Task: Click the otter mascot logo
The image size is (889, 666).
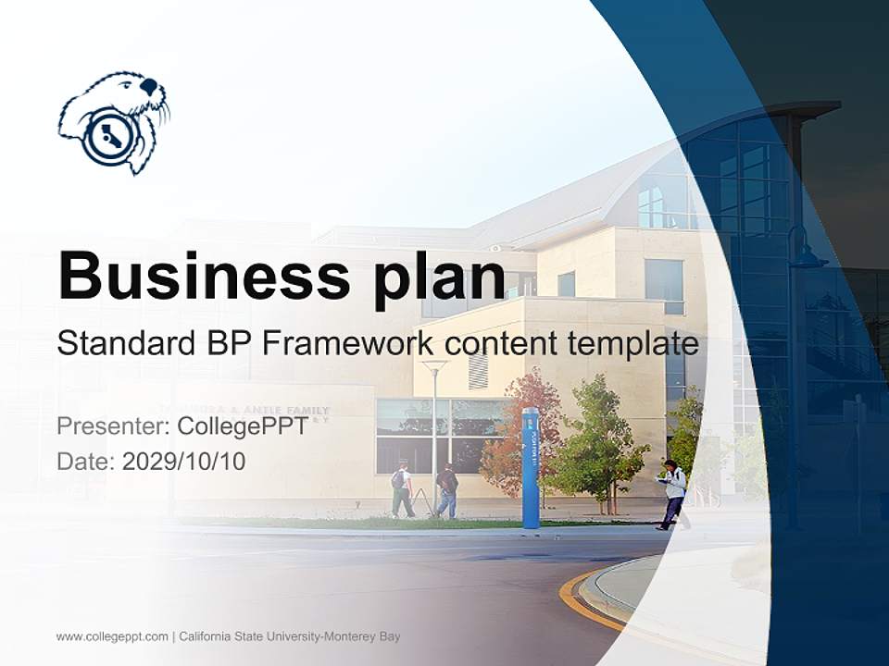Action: point(114,121)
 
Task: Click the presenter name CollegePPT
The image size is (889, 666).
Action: point(242,426)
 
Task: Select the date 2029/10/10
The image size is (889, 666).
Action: point(184,461)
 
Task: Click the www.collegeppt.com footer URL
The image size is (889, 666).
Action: point(112,636)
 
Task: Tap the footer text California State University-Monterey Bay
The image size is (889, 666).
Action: point(290,636)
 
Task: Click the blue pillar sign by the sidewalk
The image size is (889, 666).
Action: point(531,467)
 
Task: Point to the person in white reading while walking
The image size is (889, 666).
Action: point(673,493)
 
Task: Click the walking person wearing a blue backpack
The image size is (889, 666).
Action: point(402,488)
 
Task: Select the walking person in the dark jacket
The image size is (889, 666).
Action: point(447,489)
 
